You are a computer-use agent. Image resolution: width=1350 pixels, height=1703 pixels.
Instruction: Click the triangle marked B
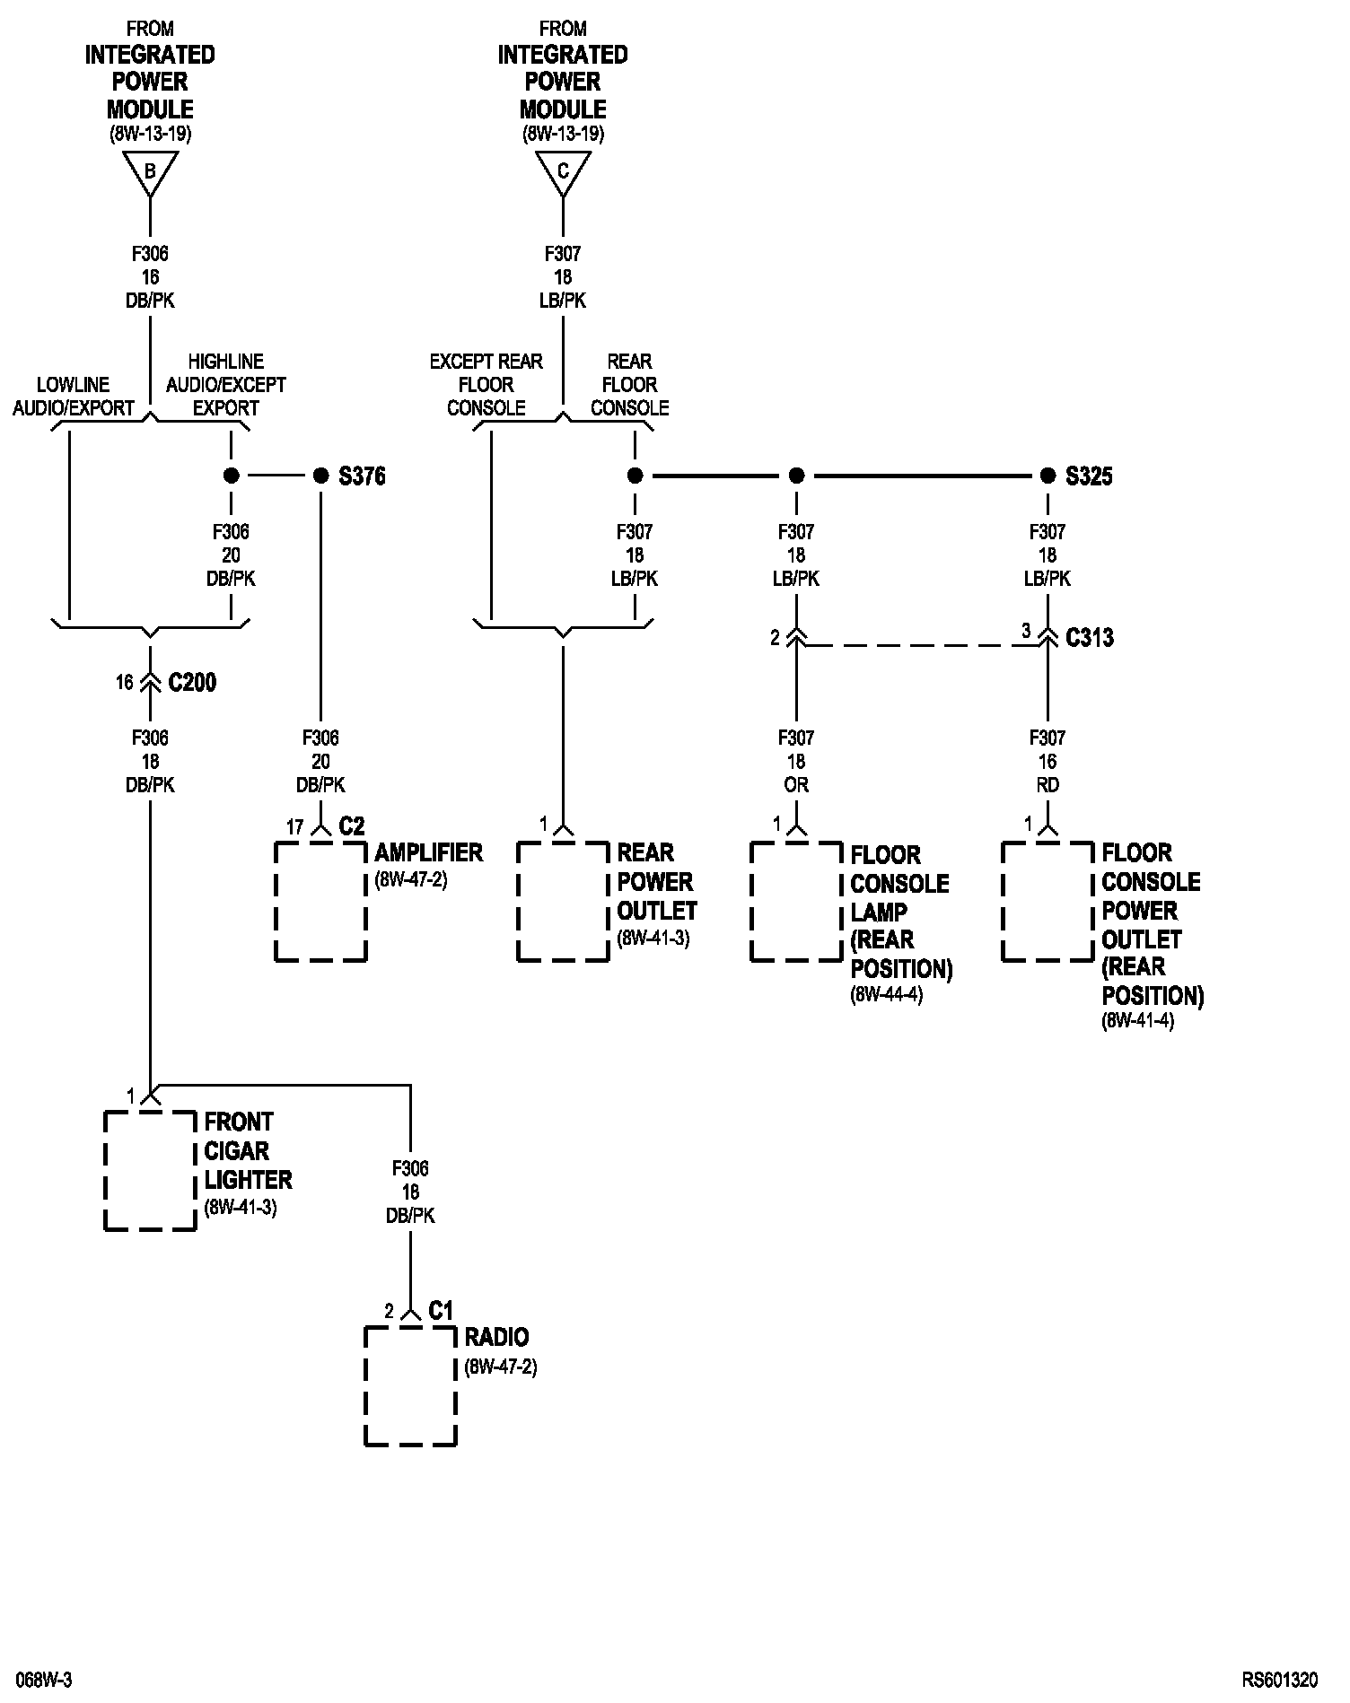tap(150, 171)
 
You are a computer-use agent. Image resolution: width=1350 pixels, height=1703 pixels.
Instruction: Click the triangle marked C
tap(563, 171)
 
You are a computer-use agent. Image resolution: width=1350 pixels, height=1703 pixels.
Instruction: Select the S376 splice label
tap(362, 476)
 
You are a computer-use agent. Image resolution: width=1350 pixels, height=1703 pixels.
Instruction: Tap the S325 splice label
tap(1089, 476)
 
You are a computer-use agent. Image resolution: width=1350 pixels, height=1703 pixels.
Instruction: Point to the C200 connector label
tap(192, 683)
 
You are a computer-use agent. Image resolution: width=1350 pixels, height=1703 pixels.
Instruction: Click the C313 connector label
tap(1090, 638)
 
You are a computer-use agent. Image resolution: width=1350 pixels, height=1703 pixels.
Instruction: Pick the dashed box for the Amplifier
tap(320, 902)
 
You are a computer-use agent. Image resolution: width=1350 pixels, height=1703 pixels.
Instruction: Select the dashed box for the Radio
tap(410, 1386)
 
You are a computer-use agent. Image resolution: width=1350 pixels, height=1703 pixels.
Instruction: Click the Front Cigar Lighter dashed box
tap(150, 1171)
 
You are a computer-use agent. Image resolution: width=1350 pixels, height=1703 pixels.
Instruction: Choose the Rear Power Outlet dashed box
tap(563, 902)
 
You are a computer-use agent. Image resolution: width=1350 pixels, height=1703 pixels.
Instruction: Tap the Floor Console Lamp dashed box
tap(796, 902)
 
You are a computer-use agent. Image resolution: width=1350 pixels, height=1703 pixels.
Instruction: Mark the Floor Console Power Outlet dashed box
tap(1048, 902)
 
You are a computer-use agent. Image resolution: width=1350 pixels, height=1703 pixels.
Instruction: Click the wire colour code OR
tap(796, 785)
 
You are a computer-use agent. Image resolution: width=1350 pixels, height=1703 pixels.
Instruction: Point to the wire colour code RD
tap(1048, 785)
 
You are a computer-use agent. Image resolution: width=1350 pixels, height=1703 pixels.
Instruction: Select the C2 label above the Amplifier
tap(352, 826)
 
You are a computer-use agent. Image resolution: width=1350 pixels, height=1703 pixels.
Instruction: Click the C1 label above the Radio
tap(441, 1311)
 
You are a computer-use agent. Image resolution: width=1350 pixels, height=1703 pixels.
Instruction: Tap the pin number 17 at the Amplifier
tap(294, 827)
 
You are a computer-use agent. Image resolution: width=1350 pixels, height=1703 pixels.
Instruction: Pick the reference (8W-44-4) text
tap(887, 994)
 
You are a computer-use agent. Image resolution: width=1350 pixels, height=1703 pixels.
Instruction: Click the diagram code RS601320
tap(1280, 1679)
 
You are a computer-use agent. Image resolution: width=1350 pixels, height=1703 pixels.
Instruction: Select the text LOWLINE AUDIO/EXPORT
tap(74, 397)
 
